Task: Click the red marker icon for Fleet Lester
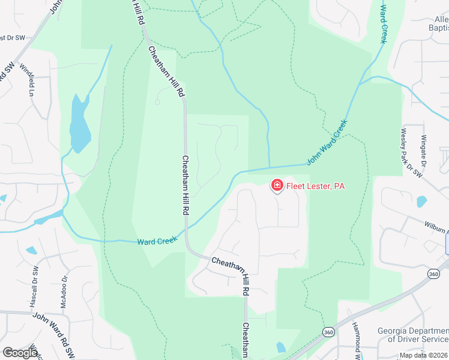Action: click(x=277, y=185)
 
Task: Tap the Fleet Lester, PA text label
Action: click(x=316, y=186)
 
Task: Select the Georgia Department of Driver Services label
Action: click(x=412, y=335)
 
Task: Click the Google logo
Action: click(x=20, y=352)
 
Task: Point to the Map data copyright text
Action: click(x=423, y=355)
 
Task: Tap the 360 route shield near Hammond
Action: click(x=328, y=332)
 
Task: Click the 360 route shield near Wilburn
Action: click(x=433, y=274)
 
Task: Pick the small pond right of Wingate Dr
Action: click(x=421, y=201)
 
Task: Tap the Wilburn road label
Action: click(x=436, y=227)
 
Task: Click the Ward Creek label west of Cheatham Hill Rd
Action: click(x=157, y=241)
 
